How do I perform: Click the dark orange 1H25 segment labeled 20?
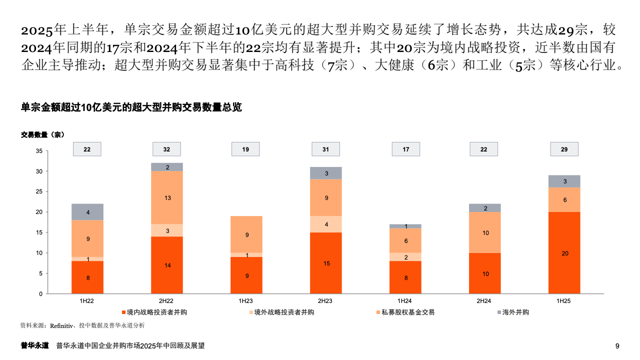click(x=565, y=253)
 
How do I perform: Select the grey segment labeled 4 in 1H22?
click(x=87, y=212)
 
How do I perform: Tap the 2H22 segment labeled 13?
click(x=167, y=198)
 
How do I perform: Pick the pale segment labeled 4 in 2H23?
click(x=325, y=224)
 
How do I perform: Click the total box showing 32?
click(x=166, y=149)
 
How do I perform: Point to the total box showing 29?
click(x=564, y=149)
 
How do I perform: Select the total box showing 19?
click(x=245, y=149)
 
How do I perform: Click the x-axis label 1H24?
click(x=404, y=301)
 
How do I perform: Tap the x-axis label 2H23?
click(x=325, y=301)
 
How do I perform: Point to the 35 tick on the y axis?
click(x=39, y=150)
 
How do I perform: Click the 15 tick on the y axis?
click(x=39, y=232)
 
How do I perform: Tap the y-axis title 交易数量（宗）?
click(x=42, y=134)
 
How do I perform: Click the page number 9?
click(x=617, y=345)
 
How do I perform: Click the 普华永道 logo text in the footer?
click(x=34, y=345)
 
